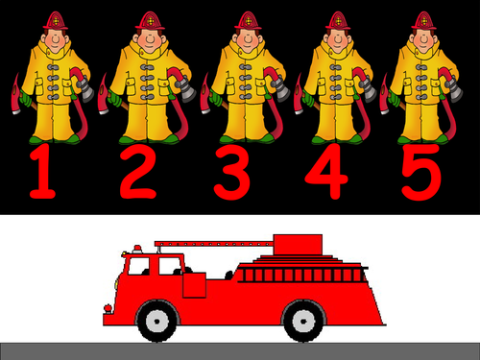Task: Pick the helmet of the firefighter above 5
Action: [x=423, y=19]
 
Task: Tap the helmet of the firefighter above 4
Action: [x=336, y=19]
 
